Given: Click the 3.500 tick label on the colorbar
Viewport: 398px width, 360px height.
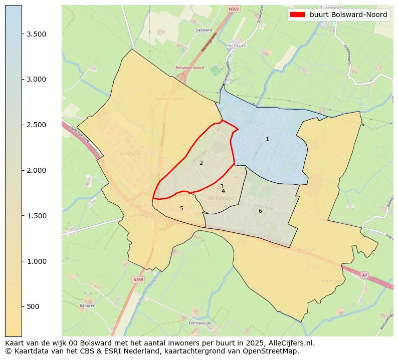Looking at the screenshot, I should (x=37, y=34).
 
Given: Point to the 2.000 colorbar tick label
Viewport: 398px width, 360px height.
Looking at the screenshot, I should (x=37, y=170).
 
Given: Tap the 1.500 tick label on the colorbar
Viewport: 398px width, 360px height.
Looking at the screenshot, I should (x=37, y=216).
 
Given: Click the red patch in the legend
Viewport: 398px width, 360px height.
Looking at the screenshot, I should (x=298, y=15).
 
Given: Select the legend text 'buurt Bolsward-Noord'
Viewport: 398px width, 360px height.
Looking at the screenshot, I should (x=348, y=15).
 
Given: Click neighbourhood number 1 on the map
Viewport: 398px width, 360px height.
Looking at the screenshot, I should (x=267, y=139).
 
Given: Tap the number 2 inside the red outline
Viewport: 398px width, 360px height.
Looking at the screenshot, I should (x=201, y=163).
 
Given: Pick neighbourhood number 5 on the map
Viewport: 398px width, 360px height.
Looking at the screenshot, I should (x=181, y=208).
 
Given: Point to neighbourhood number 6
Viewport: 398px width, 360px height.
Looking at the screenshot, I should (x=260, y=211).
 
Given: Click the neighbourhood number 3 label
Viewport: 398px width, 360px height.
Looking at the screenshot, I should (x=222, y=186).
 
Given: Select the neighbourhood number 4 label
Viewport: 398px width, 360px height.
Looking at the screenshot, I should (x=223, y=191).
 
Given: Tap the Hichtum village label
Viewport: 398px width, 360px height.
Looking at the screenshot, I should (x=236, y=46).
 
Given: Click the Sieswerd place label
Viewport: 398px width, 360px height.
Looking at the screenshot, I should (x=204, y=30).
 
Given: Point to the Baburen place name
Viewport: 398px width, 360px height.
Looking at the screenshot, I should (x=87, y=305).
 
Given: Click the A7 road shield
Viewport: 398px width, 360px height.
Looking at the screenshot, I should (x=364, y=275).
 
